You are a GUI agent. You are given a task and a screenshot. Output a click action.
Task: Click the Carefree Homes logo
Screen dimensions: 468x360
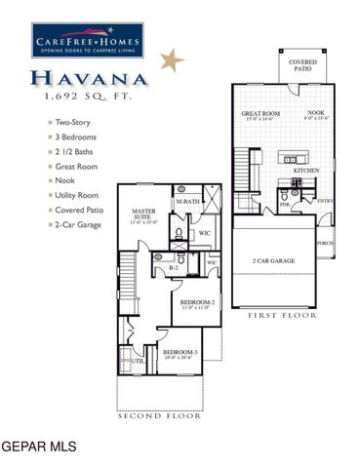coord(86,39)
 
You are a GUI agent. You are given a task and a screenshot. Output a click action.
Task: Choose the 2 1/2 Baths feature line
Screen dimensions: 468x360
coord(73,152)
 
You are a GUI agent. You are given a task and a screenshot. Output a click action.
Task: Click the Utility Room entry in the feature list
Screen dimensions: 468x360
coord(78,196)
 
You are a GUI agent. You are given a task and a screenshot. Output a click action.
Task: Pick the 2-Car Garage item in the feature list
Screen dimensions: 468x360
coord(78,225)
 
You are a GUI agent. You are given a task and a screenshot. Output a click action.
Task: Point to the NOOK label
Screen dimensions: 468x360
coord(316,113)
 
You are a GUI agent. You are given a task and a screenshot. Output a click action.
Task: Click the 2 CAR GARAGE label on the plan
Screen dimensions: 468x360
coord(274,261)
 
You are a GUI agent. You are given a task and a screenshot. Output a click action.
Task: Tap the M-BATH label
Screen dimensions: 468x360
coord(188,202)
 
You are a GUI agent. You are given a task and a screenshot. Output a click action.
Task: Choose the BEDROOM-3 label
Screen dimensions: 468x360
coord(180,352)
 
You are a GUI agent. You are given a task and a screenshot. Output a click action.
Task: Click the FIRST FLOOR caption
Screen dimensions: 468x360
coord(283,316)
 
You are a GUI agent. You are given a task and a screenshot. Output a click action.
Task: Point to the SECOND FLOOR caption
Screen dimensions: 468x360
coord(160,415)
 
